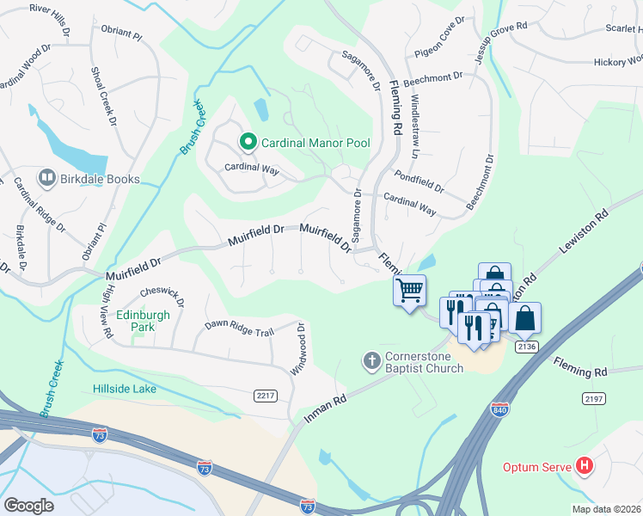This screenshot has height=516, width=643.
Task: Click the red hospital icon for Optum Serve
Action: [585, 467]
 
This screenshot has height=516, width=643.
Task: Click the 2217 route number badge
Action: [266, 396]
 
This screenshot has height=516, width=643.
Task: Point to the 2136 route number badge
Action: [527, 346]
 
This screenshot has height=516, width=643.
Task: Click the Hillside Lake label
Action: [125, 389]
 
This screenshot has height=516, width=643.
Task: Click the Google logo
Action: [28, 506]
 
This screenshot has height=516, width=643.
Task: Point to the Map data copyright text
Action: [607, 509]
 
